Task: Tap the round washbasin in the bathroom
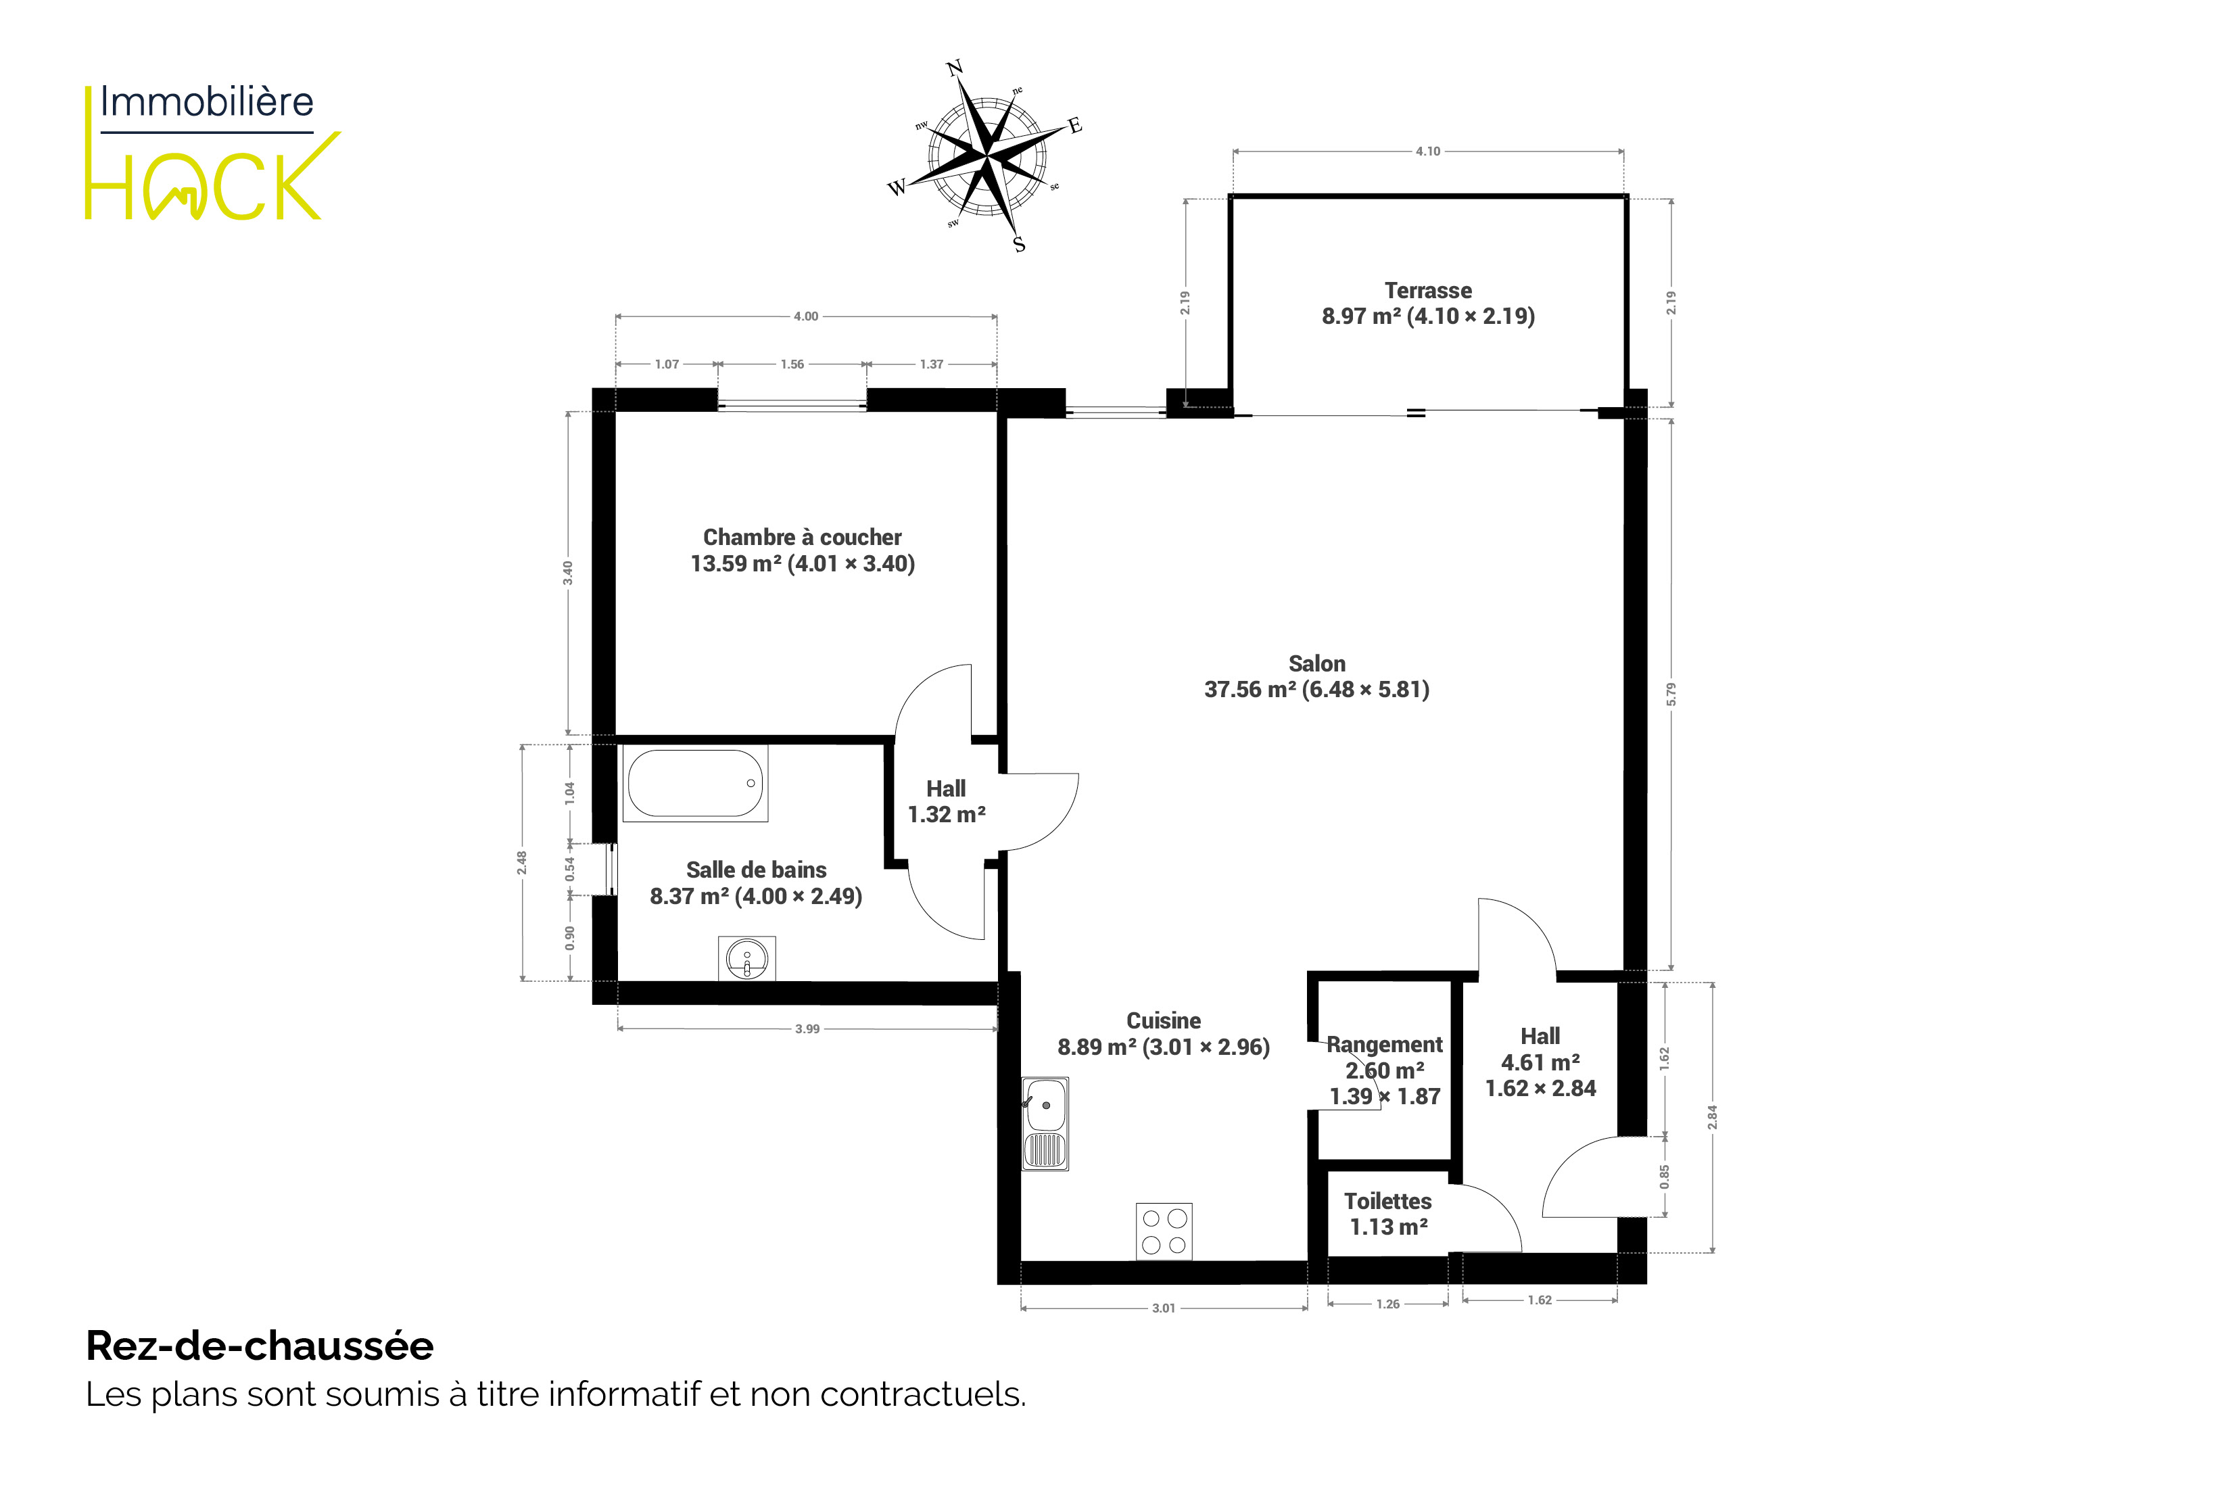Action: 747,959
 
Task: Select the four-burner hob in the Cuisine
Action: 1164,1231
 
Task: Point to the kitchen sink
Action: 1045,1123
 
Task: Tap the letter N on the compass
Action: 955,68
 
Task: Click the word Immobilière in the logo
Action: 206,101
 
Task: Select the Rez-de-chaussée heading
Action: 260,1346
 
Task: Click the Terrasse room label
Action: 1428,290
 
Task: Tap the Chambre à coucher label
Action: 803,538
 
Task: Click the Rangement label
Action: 1385,1044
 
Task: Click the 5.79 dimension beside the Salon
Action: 1671,694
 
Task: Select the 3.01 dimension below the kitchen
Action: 1164,1308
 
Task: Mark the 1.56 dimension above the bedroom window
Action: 792,364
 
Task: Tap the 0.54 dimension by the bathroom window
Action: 569,869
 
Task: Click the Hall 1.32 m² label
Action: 947,801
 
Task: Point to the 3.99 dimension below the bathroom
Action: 807,1029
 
